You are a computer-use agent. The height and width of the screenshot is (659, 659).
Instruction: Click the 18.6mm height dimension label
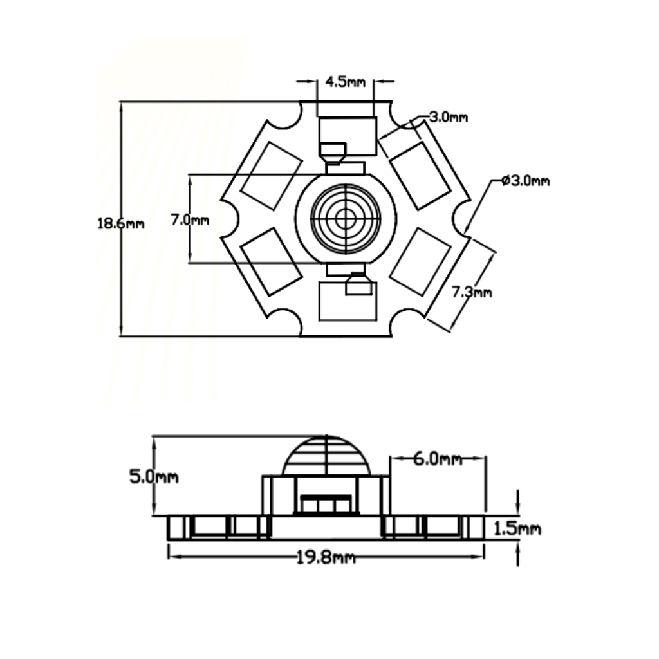click(120, 223)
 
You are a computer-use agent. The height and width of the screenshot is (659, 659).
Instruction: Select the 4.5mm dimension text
click(346, 82)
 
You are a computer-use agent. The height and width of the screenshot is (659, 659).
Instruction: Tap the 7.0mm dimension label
click(190, 219)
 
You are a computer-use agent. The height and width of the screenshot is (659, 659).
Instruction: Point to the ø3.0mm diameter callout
click(526, 181)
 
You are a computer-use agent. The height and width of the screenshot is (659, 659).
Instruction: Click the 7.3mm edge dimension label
click(472, 292)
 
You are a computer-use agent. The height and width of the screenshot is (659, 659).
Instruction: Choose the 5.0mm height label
click(154, 477)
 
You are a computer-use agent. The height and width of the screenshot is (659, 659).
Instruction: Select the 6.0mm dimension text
click(438, 458)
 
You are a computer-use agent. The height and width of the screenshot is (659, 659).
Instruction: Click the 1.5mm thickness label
click(517, 528)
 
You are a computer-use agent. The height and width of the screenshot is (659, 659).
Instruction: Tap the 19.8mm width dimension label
click(326, 558)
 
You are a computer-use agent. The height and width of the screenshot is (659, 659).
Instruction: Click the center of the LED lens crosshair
click(346, 218)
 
